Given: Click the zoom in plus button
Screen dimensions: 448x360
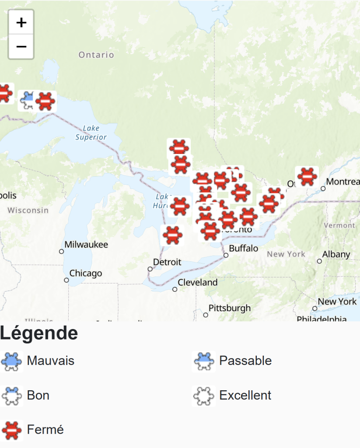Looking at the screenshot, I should pyautogui.click(x=21, y=22).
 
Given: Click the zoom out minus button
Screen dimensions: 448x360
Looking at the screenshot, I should pyautogui.click(x=21, y=46).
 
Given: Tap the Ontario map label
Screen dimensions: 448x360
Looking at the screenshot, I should pyautogui.click(x=96, y=55).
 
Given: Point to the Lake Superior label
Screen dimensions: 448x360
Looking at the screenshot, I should pyautogui.click(x=91, y=133).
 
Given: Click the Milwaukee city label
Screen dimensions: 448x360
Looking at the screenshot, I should pyautogui.click(x=86, y=245).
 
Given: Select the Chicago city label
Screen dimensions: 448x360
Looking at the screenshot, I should pyautogui.click(x=86, y=273).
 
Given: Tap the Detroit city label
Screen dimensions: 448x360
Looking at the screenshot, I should pyautogui.click(x=167, y=262).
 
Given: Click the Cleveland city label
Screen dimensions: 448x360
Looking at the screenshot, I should pyautogui.click(x=197, y=283).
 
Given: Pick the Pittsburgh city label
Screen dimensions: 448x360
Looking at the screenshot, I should pyautogui.click(x=230, y=308).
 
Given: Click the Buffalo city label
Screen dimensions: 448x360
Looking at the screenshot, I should pyautogui.click(x=244, y=248).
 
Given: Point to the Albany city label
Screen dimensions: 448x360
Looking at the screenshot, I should pyautogui.click(x=336, y=254).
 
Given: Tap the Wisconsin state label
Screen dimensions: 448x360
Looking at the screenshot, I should pyautogui.click(x=28, y=210).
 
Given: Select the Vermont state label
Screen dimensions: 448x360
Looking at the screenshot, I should pyautogui.click(x=339, y=225).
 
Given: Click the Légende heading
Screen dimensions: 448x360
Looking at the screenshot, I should pyautogui.click(x=39, y=333).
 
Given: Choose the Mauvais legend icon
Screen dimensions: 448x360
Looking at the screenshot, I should pyautogui.click(x=12, y=361).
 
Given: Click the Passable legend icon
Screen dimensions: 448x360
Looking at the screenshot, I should pyautogui.click(x=203, y=361).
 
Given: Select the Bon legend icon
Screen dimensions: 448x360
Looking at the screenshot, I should pyautogui.click(x=12, y=395).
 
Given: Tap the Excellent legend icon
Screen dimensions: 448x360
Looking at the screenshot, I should pyautogui.click(x=203, y=395).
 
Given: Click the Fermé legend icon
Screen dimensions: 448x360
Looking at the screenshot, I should pyautogui.click(x=12, y=430).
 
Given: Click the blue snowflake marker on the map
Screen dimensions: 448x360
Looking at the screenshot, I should pyautogui.click(x=28, y=101).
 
